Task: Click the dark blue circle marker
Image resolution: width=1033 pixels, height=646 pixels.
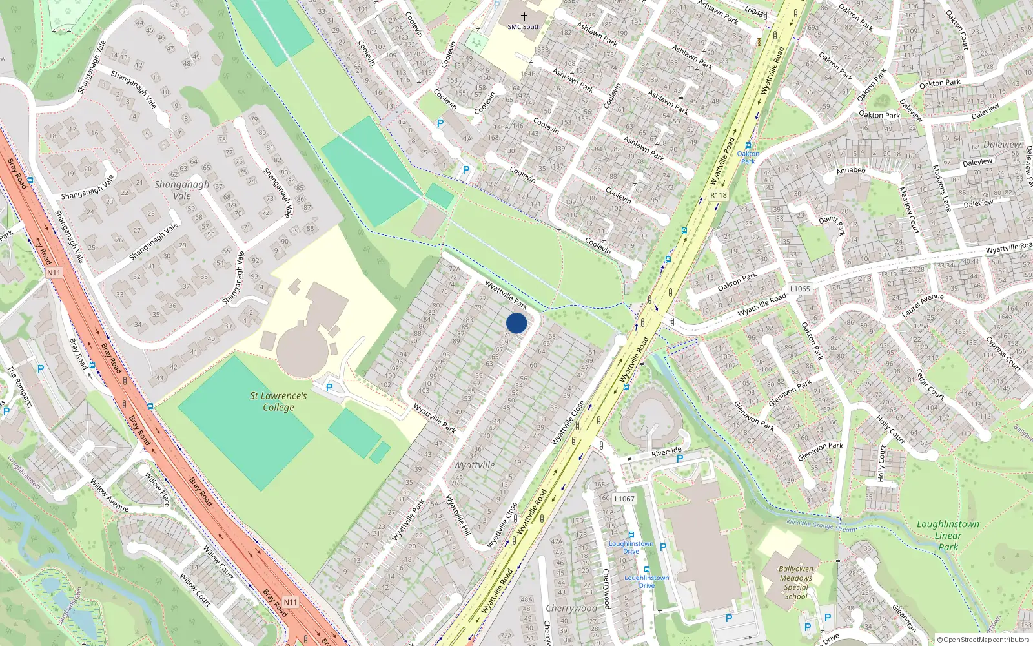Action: click(x=516, y=323)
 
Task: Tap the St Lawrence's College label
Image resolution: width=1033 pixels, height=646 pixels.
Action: click(x=278, y=401)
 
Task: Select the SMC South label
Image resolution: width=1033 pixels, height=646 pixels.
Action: click(x=524, y=27)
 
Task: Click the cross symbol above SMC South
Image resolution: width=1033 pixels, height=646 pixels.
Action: click(x=524, y=16)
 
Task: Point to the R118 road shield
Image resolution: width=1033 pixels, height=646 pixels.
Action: click(x=718, y=195)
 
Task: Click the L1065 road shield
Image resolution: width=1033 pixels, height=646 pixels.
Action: click(x=799, y=289)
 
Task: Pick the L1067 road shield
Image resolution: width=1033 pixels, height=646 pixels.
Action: click(x=624, y=499)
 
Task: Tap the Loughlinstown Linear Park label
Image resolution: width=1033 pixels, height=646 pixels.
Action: click(x=948, y=536)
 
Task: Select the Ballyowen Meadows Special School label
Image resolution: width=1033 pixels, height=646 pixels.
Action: click(x=796, y=583)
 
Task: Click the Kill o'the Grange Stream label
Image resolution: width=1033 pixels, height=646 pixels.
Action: click(x=821, y=526)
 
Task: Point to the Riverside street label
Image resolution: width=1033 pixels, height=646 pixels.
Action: click(x=666, y=452)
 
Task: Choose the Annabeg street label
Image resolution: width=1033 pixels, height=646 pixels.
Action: click(x=850, y=171)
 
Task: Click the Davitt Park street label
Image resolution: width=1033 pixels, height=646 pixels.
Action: click(x=832, y=225)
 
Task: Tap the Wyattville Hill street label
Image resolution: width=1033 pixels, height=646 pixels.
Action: click(x=458, y=515)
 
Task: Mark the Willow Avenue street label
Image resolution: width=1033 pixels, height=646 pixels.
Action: click(x=109, y=495)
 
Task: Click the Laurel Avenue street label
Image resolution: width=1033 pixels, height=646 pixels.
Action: click(x=923, y=305)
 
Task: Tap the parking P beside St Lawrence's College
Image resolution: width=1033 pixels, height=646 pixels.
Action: click(x=329, y=388)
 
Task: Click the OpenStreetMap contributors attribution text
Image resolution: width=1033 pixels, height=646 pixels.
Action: click(x=983, y=640)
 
